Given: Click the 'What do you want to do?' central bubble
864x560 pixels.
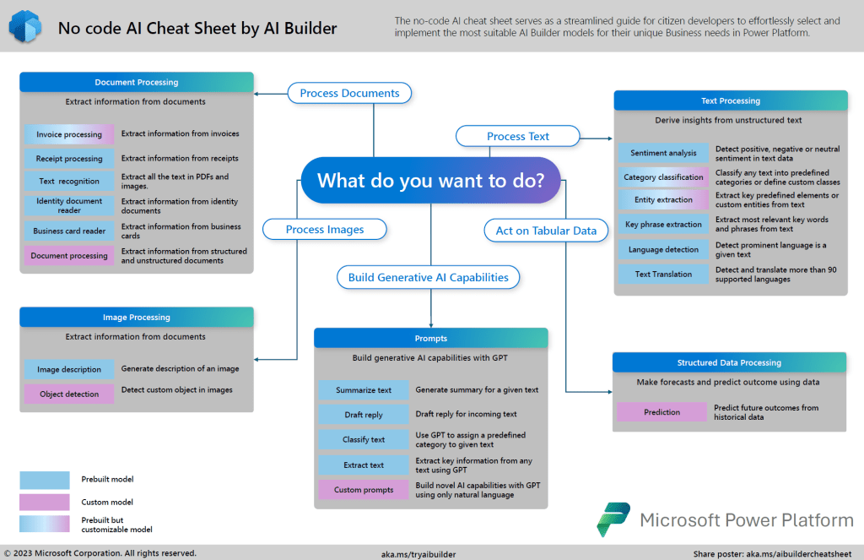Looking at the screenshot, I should pyautogui.click(x=430, y=180).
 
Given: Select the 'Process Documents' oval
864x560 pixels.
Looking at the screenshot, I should pyautogui.click(x=349, y=93).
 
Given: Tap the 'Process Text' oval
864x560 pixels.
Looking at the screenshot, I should pyautogui.click(x=517, y=136).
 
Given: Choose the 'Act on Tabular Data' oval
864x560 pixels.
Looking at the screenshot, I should pyautogui.click(x=546, y=230).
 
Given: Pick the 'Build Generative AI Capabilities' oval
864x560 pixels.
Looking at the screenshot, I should pyautogui.click(x=428, y=277).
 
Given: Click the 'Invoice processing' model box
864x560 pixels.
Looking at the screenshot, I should pyautogui.click(x=69, y=134).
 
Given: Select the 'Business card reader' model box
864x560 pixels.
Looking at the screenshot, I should pyautogui.click(x=69, y=231).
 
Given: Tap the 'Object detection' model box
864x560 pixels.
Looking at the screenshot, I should pyautogui.click(x=69, y=394).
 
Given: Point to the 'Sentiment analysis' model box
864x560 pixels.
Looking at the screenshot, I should pyautogui.click(x=663, y=153).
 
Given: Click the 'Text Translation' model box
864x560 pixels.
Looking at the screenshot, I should pyautogui.click(x=663, y=274).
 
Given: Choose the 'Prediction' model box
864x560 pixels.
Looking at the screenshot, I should pyautogui.click(x=661, y=412).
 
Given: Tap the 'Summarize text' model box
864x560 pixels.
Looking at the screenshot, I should pyautogui.click(x=363, y=390).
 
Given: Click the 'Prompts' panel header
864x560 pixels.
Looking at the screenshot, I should pyautogui.click(x=431, y=339).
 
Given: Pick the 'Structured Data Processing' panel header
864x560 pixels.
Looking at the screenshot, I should pyautogui.click(x=729, y=362).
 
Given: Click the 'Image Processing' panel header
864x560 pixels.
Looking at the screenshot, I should pyautogui.click(x=136, y=318).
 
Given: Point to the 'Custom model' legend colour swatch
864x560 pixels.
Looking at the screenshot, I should pyautogui.click(x=45, y=503).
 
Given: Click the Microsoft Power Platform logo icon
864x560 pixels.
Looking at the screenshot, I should pyautogui.click(x=613, y=519).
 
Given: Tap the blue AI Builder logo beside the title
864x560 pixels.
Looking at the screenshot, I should pyautogui.click(x=24, y=27).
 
